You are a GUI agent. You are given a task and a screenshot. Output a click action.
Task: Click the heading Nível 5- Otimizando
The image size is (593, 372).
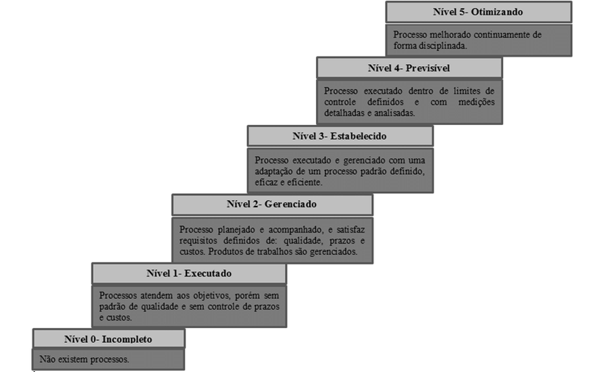[478, 12]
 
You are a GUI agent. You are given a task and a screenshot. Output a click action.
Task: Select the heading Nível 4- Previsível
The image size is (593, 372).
[409, 68]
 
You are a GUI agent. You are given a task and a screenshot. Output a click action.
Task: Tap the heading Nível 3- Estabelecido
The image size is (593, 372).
[339, 136]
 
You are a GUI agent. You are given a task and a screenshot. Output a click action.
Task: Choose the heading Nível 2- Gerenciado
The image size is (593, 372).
[272, 204]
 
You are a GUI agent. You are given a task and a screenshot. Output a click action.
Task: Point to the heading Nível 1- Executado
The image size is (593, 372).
[189, 273]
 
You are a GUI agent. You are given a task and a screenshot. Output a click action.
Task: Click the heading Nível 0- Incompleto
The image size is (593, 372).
[108, 339]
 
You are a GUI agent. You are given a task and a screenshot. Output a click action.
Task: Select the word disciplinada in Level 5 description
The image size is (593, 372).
[443, 46]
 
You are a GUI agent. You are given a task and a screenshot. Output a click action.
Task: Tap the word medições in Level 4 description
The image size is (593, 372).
[477, 102]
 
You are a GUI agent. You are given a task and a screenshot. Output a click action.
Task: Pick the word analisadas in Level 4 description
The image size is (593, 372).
[394, 113]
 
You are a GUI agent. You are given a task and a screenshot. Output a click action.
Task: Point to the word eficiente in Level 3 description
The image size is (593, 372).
[305, 182]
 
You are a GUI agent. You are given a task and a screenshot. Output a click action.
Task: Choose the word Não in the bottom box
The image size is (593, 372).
[47, 359]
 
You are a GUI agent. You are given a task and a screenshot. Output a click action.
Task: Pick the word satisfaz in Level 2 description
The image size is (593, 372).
[351, 230]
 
